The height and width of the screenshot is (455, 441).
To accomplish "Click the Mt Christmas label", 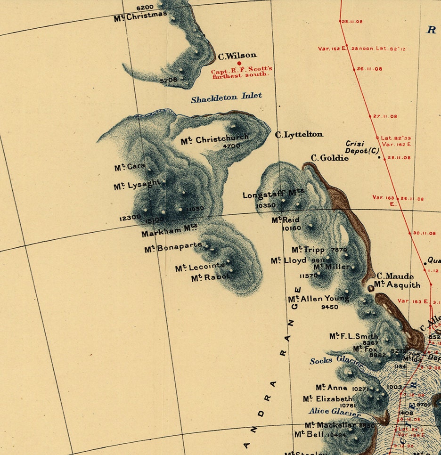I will pyautogui.click(x=140, y=16).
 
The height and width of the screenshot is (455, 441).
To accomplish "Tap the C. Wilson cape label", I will pyautogui.click(x=237, y=56).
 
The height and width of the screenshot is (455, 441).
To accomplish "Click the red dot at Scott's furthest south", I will pyautogui.click(x=239, y=63).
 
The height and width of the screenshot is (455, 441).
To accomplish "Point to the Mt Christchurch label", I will pyautogui.click(x=214, y=139).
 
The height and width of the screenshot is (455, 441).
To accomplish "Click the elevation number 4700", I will pyautogui.click(x=232, y=146).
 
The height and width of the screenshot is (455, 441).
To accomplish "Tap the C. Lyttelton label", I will pyautogui.click(x=299, y=135).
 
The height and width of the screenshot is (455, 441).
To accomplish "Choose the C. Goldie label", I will pyautogui.click(x=329, y=158).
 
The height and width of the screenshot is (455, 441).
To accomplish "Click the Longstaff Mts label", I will pyautogui.click(x=273, y=195).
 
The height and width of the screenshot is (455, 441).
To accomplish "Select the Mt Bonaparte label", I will pyautogui.click(x=173, y=247).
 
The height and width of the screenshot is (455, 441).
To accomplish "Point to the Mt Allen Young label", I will pyautogui.click(x=318, y=299).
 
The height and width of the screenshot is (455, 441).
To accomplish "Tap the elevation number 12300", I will pyautogui.click(x=130, y=218).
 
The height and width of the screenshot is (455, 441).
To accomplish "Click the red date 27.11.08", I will pyautogui.click(x=385, y=116).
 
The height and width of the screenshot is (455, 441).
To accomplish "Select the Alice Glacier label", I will pyautogui.click(x=335, y=412).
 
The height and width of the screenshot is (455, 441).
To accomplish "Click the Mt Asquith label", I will pyautogui.click(x=397, y=285).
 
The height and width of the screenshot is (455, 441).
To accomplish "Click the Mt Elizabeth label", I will pyautogui.click(x=327, y=399).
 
